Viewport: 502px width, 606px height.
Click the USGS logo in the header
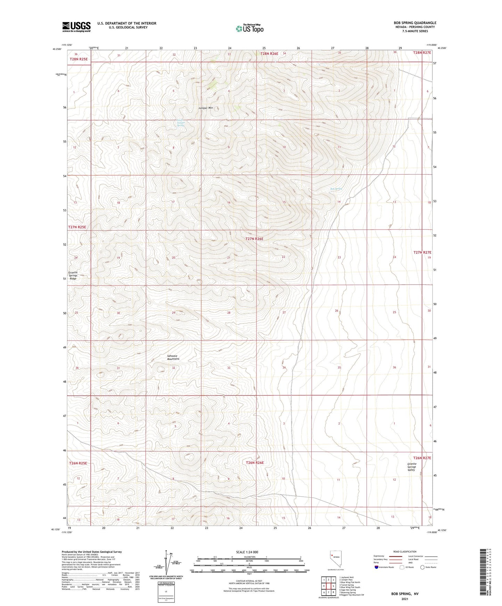click(76, 27)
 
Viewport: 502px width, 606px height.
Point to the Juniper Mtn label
click(206, 108)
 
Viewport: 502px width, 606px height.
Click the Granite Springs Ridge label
click(73, 276)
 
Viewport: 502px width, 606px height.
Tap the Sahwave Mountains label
click(173, 357)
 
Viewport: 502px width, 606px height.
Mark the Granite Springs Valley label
click(411, 467)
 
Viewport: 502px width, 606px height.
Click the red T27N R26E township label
click(259, 239)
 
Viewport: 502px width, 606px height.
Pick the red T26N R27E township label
click(422, 458)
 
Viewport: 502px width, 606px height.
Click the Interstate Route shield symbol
click(377, 567)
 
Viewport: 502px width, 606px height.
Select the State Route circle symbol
click(422, 567)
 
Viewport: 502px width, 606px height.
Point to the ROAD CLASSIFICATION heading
click(405, 552)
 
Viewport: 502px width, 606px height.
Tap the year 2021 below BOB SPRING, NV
click(405, 599)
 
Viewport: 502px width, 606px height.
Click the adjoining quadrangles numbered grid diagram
click(328, 586)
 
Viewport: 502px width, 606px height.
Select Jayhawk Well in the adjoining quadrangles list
click(347, 578)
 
